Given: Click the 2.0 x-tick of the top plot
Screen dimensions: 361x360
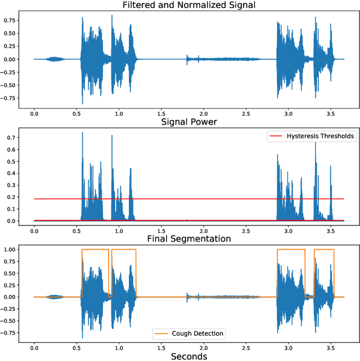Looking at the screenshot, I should [x=203, y=112].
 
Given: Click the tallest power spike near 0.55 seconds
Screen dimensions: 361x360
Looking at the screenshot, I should [x=82, y=133].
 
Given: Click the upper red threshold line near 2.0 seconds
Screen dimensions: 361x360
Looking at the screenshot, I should [x=203, y=199].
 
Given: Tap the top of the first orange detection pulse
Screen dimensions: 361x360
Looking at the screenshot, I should [x=95, y=249].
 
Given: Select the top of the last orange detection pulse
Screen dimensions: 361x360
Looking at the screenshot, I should [x=323, y=249].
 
